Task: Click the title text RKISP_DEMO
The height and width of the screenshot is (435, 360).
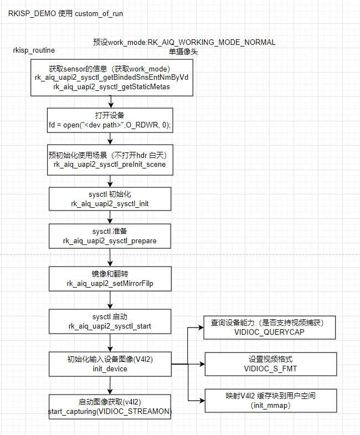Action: point(32,14)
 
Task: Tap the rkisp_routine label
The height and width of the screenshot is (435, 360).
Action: point(34,50)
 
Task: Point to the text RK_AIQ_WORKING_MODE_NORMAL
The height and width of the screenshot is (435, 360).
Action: point(212,42)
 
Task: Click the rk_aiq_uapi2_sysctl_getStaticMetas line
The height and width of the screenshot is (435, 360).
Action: point(111,86)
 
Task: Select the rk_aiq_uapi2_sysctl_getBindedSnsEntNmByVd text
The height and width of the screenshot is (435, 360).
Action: point(111,77)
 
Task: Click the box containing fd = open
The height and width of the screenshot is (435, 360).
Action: point(110,120)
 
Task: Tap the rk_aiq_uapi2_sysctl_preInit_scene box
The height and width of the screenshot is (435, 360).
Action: point(110,160)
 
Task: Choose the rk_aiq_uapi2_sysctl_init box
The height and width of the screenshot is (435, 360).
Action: point(110,199)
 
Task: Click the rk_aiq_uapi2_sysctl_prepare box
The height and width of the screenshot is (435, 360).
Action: point(110,236)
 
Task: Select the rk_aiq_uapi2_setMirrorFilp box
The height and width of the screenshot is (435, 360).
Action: point(110,279)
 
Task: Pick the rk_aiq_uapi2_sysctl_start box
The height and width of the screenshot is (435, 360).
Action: point(110,321)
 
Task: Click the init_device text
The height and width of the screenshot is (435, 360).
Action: point(110,369)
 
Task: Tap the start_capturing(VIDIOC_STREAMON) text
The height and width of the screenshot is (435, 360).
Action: point(110,411)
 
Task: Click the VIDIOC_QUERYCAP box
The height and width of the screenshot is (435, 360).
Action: point(270,327)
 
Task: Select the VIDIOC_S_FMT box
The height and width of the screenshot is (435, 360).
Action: point(271,364)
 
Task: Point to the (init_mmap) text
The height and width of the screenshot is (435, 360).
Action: point(270,405)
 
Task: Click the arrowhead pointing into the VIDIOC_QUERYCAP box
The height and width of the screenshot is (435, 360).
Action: point(201,327)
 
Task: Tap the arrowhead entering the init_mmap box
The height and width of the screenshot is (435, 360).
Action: point(202,401)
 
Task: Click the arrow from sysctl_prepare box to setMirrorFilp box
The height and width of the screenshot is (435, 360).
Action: point(110,258)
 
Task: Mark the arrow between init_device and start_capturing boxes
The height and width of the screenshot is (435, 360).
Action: point(110,385)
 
